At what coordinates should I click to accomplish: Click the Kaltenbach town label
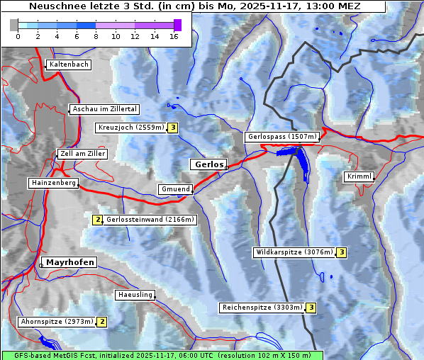coord(69,64)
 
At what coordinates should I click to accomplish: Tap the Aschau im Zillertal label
coord(104,109)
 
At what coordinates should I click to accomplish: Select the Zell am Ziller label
coord(82,154)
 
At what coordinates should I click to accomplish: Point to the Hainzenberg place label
coord(52,183)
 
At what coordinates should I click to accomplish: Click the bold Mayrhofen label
coord(69,262)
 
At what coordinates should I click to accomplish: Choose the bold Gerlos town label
coord(208,164)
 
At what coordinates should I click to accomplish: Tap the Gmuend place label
coord(174,189)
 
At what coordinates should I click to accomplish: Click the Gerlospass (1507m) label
coord(281,137)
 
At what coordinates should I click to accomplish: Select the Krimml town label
coord(359,176)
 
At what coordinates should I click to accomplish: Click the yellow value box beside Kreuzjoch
coord(172,128)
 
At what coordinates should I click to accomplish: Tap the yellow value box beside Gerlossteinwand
coord(98,220)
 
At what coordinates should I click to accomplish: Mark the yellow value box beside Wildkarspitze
coord(341,252)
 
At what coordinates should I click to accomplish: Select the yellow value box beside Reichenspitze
coord(311,308)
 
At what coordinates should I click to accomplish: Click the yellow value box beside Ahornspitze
coord(102,322)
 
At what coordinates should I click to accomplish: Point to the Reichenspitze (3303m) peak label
coord(262,308)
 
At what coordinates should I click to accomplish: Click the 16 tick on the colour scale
coord(174,36)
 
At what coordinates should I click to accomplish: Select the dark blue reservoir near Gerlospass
coord(301,162)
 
